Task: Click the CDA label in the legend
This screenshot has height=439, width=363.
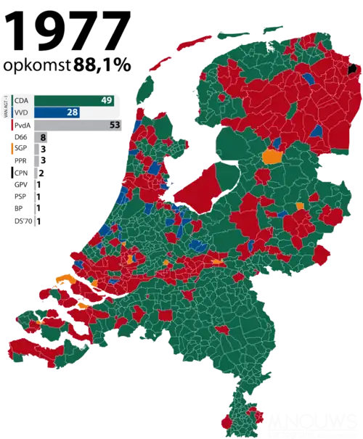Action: (23, 100)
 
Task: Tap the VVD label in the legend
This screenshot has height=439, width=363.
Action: (23, 112)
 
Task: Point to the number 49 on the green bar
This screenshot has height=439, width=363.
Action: (106, 100)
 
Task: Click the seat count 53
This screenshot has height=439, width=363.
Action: (113, 125)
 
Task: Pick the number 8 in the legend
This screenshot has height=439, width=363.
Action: (43, 137)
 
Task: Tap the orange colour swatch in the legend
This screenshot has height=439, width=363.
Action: (13, 149)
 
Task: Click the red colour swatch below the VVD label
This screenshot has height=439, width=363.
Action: (13, 125)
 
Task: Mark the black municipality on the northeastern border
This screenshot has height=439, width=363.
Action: (353, 70)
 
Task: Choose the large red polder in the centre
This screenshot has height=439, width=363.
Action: (197, 186)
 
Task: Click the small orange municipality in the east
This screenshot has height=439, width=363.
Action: (300, 207)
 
